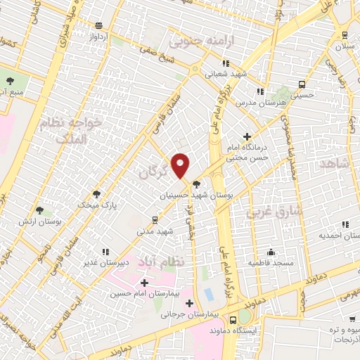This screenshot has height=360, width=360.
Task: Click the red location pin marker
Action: point(181,165)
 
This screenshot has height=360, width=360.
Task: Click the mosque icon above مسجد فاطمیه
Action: point(271,252)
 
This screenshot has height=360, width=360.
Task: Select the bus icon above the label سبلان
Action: point(344,34)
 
